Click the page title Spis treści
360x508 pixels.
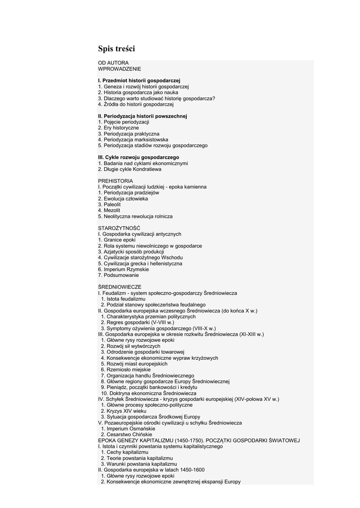click(x=116, y=49)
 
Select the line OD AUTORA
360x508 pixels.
click(x=113, y=63)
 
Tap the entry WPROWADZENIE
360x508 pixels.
click(x=120, y=69)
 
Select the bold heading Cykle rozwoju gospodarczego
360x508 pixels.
click(x=139, y=157)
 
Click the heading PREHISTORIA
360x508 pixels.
click(x=115, y=181)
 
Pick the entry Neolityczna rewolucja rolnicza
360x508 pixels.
click(x=135, y=216)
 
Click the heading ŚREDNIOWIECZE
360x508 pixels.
click(x=120, y=287)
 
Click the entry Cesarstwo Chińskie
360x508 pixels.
click(x=124, y=435)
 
